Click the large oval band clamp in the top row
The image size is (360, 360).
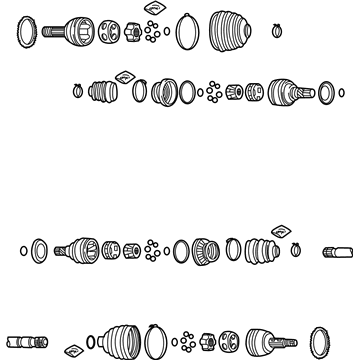[x=187, y=33]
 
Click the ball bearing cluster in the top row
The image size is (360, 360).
[x=152, y=32]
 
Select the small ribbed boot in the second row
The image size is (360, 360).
[x=103, y=92]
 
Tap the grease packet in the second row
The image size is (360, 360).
[x=125, y=75]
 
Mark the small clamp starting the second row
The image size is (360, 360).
[x=77, y=91]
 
